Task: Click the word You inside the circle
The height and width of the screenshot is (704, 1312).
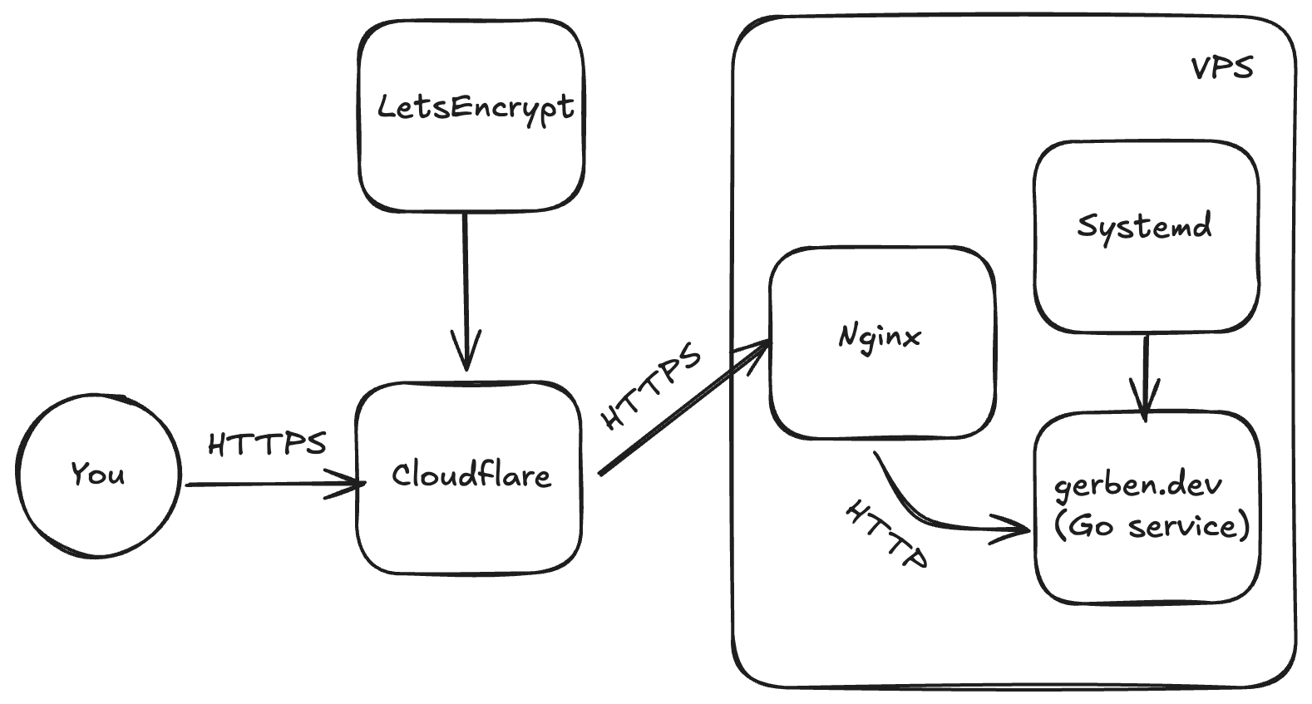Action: coord(98,474)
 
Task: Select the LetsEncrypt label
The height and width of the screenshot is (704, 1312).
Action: coord(476,108)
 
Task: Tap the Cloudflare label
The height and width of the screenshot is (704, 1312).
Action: coord(471,475)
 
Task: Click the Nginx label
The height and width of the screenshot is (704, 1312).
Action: coord(879,338)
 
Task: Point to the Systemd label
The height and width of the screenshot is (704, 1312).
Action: coord(1144,229)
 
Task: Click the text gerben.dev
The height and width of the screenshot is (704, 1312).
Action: coord(1138,487)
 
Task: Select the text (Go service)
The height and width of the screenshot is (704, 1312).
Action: coord(1152,525)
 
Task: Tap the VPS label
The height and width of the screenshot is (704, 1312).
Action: coord(1222,68)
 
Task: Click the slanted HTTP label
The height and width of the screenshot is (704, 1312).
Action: coord(886,534)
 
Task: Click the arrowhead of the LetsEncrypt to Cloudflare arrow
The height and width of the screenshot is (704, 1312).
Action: coord(466,352)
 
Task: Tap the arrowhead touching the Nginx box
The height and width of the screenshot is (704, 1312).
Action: coord(756,352)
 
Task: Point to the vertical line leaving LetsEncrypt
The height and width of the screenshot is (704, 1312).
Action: coord(466,291)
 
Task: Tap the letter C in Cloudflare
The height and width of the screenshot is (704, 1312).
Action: coord(402,475)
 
